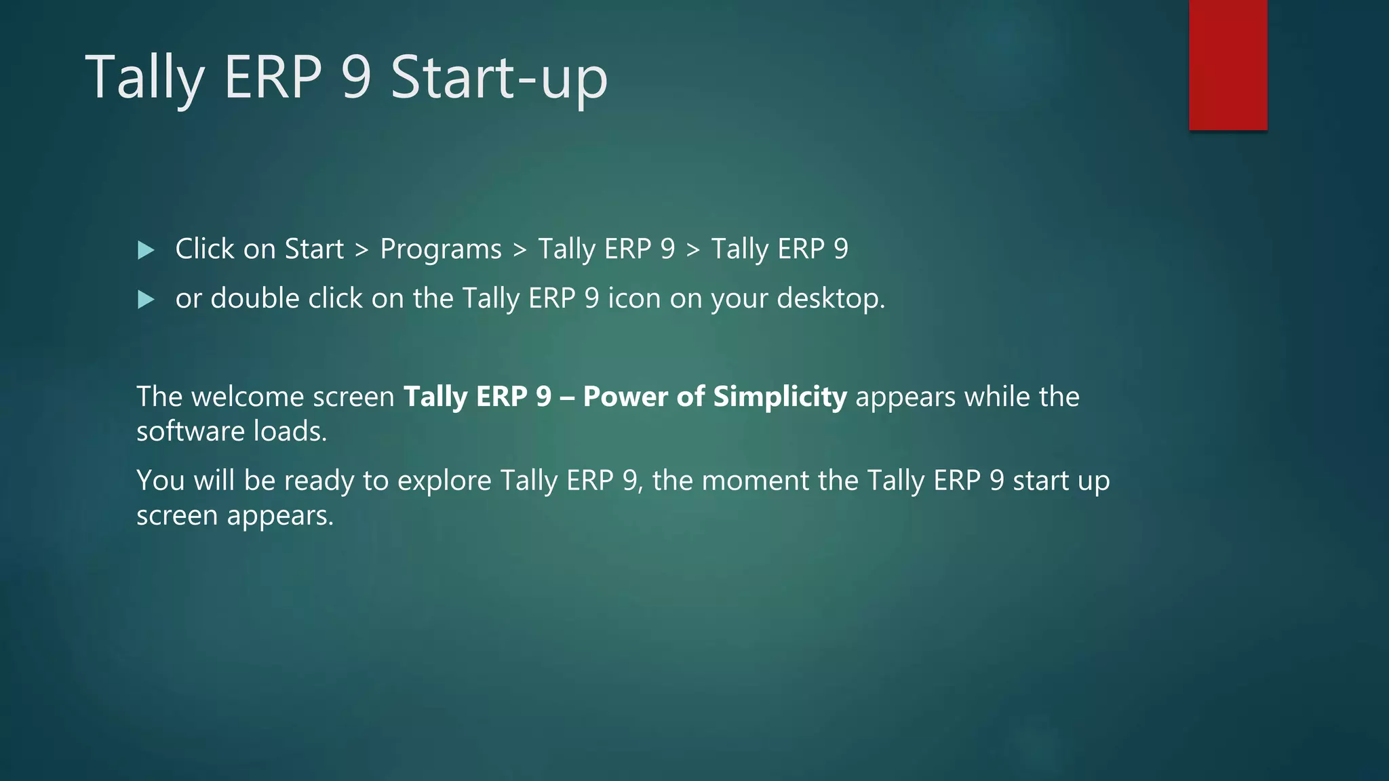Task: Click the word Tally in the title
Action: pos(144,78)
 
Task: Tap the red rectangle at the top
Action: pos(1228,64)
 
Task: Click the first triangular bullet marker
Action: pos(146,250)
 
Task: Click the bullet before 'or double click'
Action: pos(146,300)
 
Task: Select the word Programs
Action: pos(440,250)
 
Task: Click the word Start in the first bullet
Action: pos(314,249)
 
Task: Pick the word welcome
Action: pos(247,397)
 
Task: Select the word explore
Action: pos(444,481)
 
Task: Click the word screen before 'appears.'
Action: pos(177,516)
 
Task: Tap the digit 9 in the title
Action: pos(356,78)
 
